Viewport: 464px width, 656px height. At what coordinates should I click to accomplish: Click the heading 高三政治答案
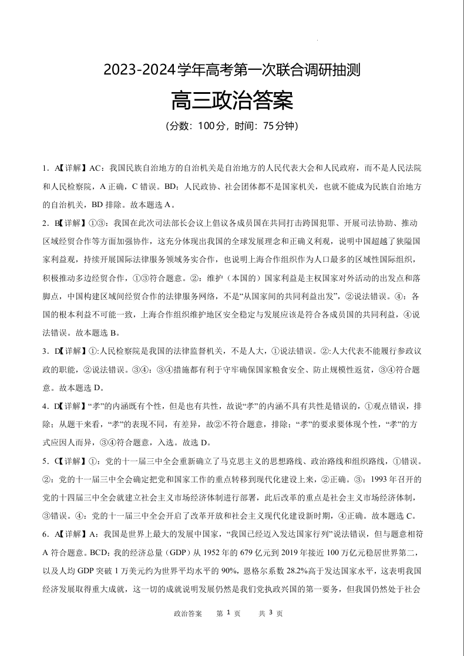tap(231, 100)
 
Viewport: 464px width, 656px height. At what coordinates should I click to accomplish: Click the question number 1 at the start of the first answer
tap(45, 168)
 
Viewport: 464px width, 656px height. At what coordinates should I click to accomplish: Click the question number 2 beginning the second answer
tap(45, 223)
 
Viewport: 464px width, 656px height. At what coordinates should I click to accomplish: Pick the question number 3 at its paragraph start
tap(45, 351)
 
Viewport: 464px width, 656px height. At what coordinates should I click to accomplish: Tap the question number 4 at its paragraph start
tap(45, 406)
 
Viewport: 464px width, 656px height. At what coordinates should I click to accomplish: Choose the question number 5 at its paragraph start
tap(45, 461)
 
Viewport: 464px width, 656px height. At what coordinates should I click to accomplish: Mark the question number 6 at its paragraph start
tap(45, 534)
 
